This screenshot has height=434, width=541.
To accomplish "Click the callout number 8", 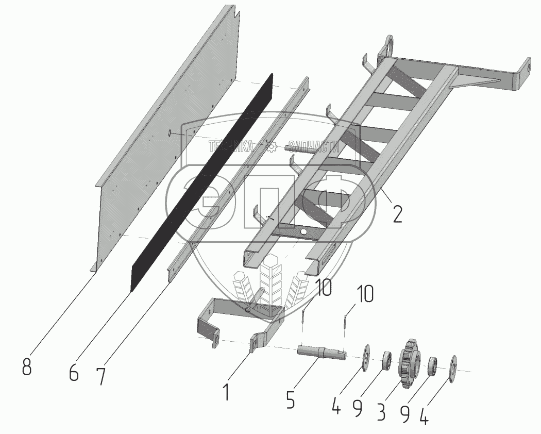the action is click(x=27, y=366).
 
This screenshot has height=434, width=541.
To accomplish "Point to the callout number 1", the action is click(x=226, y=391).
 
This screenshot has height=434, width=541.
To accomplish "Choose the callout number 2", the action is click(x=397, y=213).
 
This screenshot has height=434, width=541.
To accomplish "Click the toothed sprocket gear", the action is click(x=410, y=363).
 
